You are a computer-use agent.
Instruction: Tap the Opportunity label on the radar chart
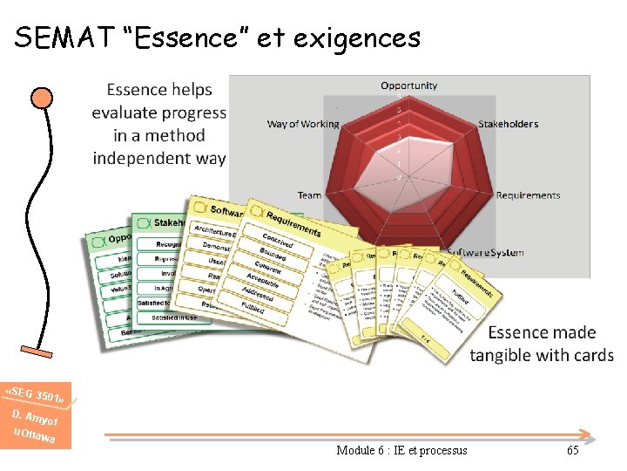click(x=409, y=85)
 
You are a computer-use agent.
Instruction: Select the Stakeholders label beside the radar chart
click(x=509, y=124)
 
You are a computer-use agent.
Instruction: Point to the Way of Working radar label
click(x=302, y=124)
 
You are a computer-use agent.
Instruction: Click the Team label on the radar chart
click(x=309, y=195)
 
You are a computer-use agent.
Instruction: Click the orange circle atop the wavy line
click(x=41, y=96)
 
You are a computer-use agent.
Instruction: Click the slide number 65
click(x=572, y=450)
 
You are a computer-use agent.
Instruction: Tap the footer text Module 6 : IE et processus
click(x=401, y=450)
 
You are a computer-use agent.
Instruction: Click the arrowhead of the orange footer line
click(x=590, y=434)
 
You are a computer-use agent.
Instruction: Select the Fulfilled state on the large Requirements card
click(x=253, y=308)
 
